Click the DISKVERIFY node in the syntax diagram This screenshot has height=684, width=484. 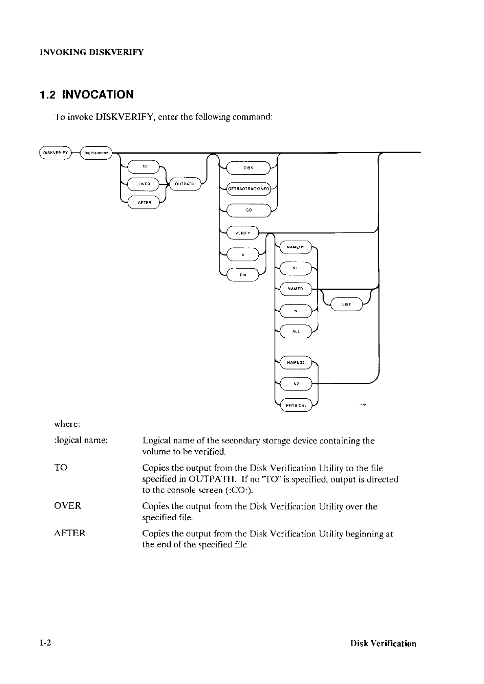point(55,153)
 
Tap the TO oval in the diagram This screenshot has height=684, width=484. point(144,166)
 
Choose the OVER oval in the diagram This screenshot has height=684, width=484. point(144,184)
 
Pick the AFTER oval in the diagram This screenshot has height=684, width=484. point(144,202)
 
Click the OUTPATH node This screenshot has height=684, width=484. point(184,184)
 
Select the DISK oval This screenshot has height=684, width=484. point(248,167)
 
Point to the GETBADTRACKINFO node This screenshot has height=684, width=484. point(249,189)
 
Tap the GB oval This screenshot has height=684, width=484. point(248,210)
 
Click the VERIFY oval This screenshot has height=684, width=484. point(242,233)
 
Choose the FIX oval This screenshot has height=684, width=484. point(243,275)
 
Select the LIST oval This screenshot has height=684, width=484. point(347,304)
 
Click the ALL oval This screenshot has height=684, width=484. point(296,331)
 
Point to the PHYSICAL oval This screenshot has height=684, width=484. point(296,405)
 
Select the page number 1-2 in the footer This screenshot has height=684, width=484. point(45,643)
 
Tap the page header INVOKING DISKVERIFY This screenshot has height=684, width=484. point(92,52)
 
